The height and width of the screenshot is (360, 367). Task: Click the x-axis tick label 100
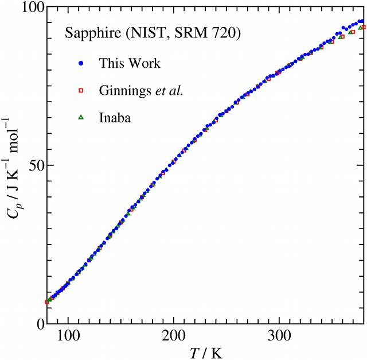pos(68,335)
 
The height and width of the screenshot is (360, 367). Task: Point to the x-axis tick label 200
pos(174,335)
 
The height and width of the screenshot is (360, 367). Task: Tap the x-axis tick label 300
pos(279,335)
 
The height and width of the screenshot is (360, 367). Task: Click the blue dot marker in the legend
pos(81,63)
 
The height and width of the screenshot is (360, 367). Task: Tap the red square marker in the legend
pos(81,90)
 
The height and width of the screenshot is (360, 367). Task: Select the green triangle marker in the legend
pos(81,117)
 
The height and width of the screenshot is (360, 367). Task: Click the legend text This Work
pos(130,63)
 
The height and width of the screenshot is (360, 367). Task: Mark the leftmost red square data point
pos(47,302)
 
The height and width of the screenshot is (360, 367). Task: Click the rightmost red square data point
pos(363,27)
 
